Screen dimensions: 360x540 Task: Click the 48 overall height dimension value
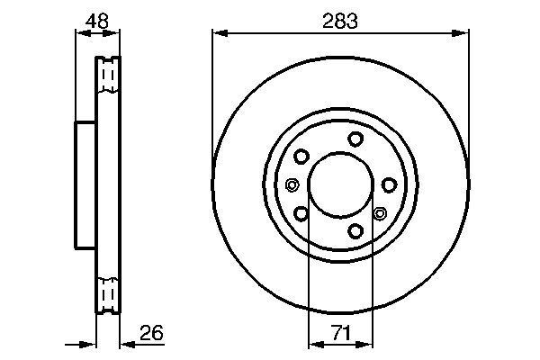(x=96, y=20)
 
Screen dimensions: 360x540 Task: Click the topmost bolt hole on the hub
(x=356, y=139)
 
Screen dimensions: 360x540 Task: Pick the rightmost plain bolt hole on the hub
(x=389, y=184)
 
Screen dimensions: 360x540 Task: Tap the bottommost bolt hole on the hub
(x=356, y=232)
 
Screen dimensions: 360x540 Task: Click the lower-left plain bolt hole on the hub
(x=301, y=214)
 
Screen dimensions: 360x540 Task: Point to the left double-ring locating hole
(x=292, y=185)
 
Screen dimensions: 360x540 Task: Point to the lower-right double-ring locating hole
(x=379, y=214)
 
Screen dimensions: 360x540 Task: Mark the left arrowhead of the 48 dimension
(x=78, y=34)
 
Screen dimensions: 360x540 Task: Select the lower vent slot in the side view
(x=107, y=293)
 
